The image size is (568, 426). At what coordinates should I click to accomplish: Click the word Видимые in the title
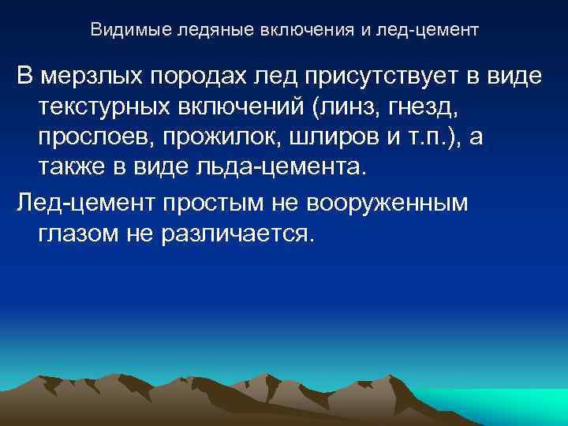click(x=118, y=31)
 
